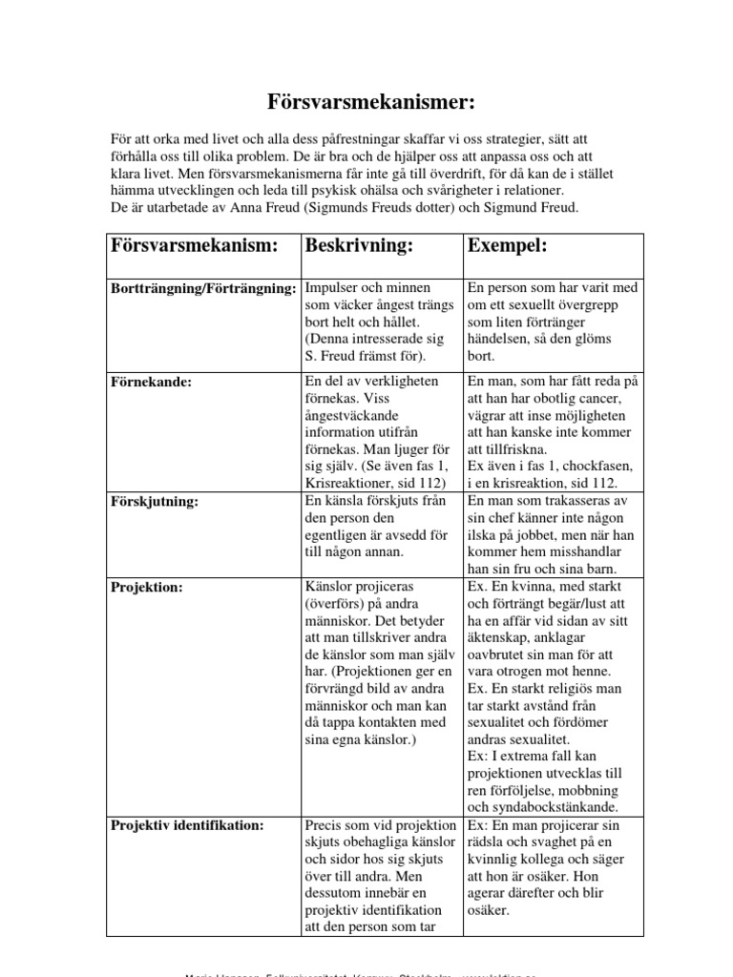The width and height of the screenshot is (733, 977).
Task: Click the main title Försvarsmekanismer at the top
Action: [x=367, y=102]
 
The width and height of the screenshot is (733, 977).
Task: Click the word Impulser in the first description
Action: [x=334, y=288]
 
